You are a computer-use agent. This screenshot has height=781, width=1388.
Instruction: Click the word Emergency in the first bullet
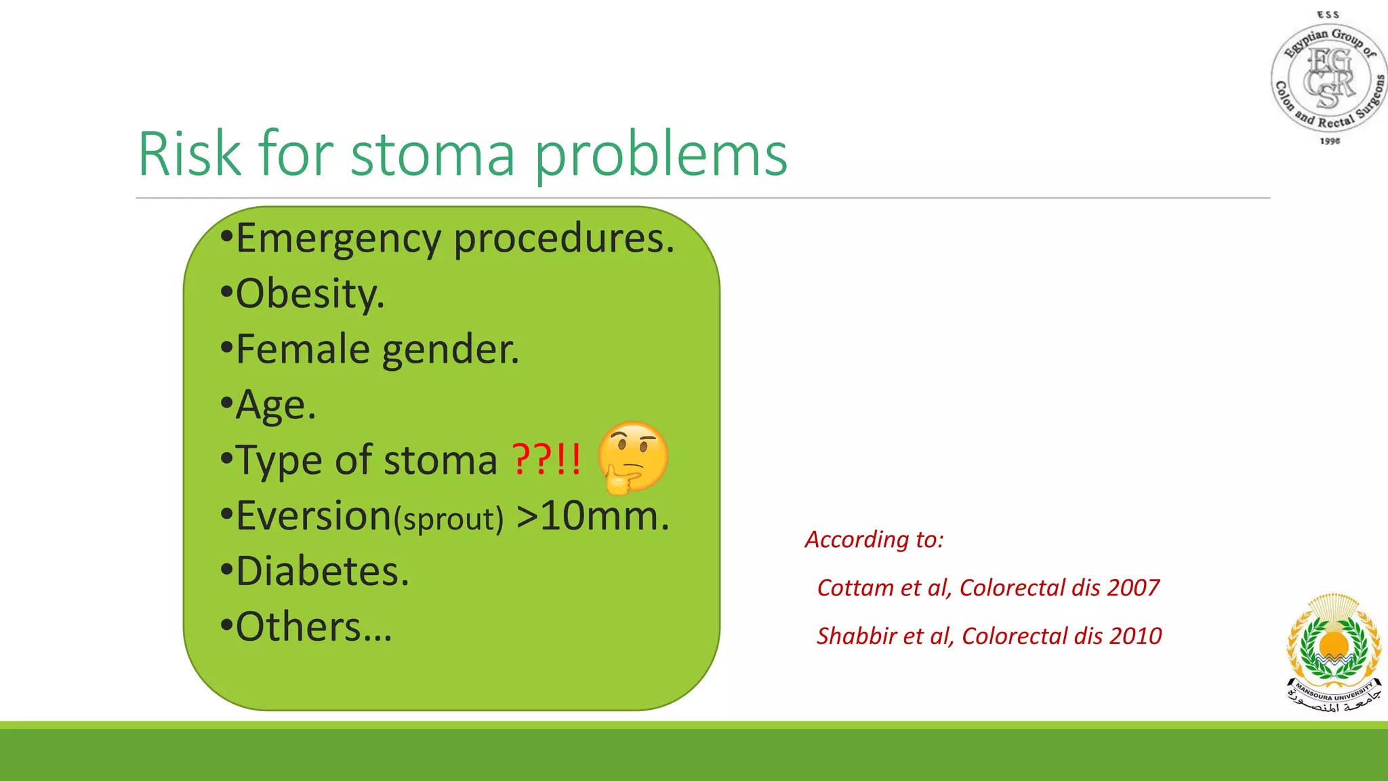click(x=339, y=239)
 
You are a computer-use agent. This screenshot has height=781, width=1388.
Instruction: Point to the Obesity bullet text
click(x=310, y=294)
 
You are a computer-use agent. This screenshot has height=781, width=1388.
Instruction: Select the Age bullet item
click(x=275, y=405)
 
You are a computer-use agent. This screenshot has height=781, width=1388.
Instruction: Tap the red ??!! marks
click(x=546, y=460)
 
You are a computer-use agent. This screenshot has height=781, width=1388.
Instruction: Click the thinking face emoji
click(x=632, y=457)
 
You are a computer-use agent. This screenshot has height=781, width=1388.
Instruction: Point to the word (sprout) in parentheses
click(x=450, y=519)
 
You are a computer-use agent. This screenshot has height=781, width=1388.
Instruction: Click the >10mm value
click(x=592, y=517)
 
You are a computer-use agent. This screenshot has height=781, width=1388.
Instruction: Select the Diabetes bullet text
click(x=323, y=572)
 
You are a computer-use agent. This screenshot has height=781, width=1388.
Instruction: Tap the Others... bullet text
click(x=314, y=627)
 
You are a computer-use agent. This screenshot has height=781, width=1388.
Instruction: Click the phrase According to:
click(x=874, y=540)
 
